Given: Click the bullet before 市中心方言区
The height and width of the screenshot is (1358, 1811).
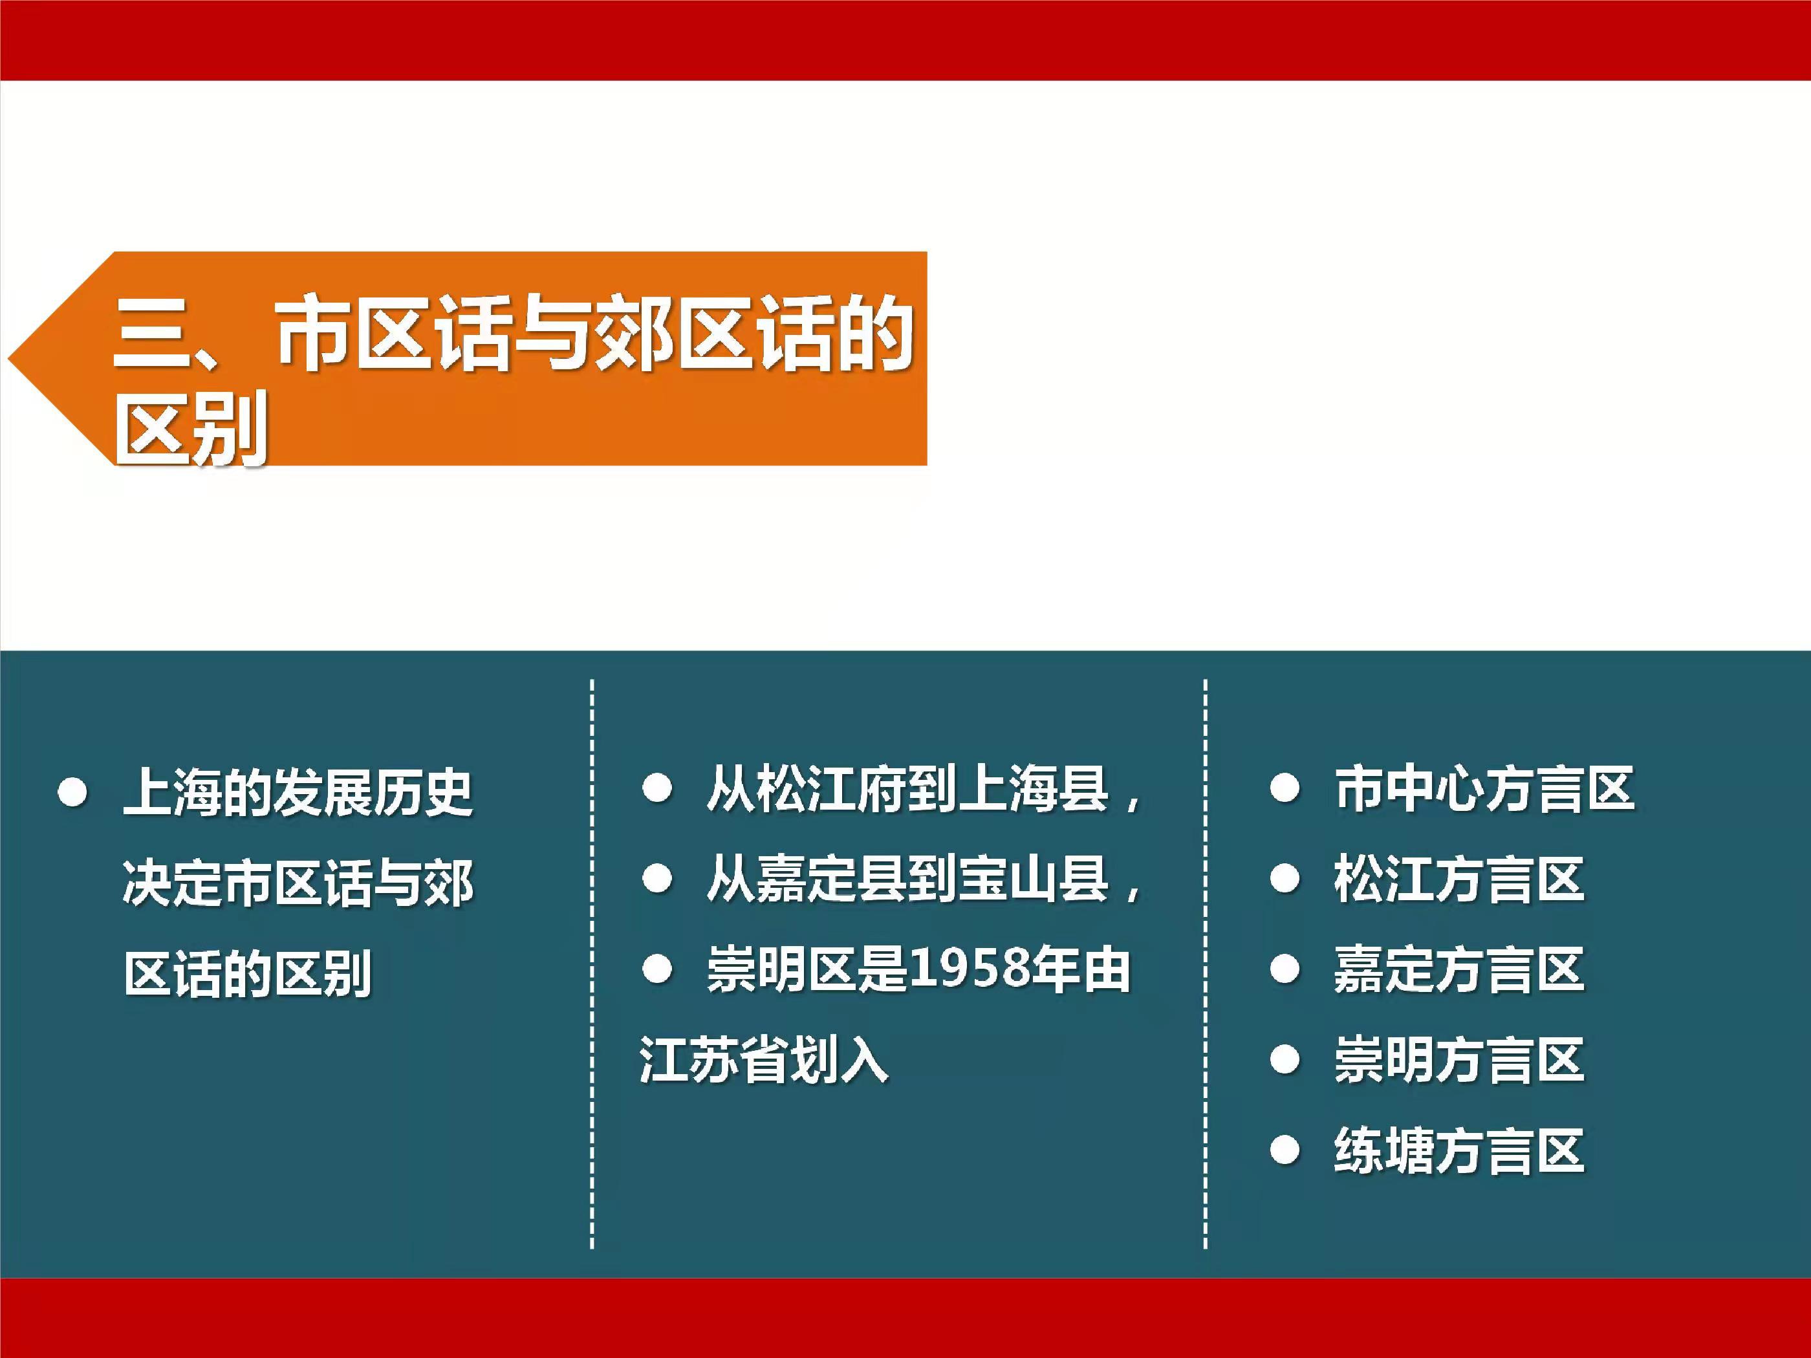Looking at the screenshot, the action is pyautogui.click(x=1285, y=789).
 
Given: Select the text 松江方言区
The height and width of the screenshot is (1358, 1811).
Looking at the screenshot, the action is pyautogui.click(x=1459, y=880).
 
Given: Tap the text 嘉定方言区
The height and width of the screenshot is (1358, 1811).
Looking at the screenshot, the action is pyautogui.click(x=1459, y=970).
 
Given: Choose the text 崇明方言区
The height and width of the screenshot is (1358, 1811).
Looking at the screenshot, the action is pyautogui.click(x=1459, y=1061).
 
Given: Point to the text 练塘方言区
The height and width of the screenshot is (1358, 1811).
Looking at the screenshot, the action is pyautogui.click(x=1459, y=1151).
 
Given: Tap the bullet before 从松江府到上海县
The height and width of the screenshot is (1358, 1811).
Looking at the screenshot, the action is pyautogui.click(x=657, y=789).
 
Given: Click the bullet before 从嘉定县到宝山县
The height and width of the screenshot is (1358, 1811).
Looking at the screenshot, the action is pyautogui.click(x=657, y=880).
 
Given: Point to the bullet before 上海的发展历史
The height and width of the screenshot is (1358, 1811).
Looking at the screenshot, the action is pyautogui.click(x=73, y=793).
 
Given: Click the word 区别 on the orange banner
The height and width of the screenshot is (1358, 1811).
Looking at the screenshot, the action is pyautogui.click(x=191, y=428).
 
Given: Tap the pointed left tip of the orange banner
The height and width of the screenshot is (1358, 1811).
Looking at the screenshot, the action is pyautogui.click(x=9, y=358).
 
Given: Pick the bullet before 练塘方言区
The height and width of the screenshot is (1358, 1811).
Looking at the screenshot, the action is pyautogui.click(x=1285, y=1150).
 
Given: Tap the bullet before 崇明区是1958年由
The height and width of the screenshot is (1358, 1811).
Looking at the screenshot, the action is pyautogui.click(x=657, y=970).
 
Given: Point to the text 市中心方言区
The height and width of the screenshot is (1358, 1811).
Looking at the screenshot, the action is pyautogui.click(x=1484, y=789).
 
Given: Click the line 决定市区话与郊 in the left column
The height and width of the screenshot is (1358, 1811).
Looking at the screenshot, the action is pyautogui.click(x=299, y=884).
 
